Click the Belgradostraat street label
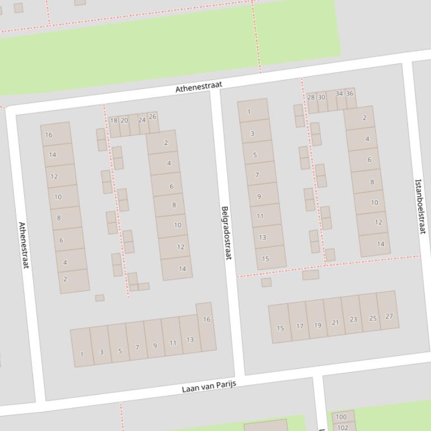(226, 233)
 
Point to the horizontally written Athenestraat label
(198, 87)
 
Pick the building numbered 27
(388, 316)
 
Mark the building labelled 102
(342, 427)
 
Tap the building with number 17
(299, 325)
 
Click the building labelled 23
(353, 319)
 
